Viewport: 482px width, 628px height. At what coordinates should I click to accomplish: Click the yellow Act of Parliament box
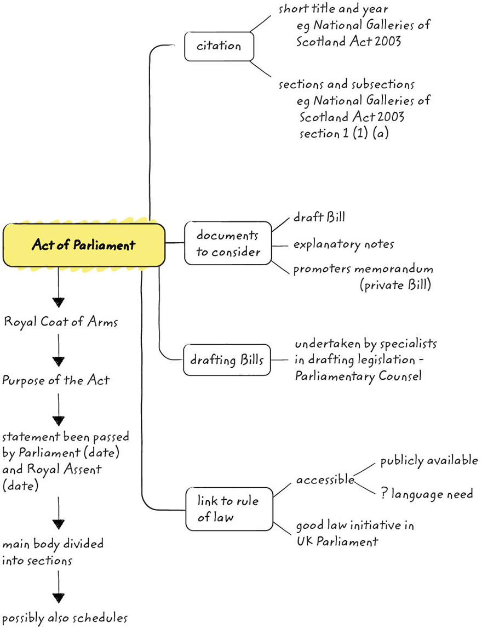[83, 245]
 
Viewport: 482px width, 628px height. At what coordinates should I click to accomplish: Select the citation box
[219, 46]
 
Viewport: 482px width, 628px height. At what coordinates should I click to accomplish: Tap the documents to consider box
[227, 243]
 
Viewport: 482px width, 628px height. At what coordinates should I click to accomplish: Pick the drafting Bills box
[227, 360]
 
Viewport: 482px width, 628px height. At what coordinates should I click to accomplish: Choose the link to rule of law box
[228, 509]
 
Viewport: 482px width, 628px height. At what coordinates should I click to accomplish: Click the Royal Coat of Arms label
[60, 322]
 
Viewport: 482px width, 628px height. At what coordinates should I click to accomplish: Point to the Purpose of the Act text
[55, 380]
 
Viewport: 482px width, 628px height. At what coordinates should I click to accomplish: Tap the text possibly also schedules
[65, 618]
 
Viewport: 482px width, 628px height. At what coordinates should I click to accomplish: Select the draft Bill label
[319, 217]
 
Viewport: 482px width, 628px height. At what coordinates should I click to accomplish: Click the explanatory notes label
[343, 243]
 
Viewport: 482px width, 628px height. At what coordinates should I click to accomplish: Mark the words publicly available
[429, 460]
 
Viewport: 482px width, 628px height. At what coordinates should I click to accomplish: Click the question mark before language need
[385, 494]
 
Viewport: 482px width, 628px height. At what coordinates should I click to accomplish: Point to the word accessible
[325, 479]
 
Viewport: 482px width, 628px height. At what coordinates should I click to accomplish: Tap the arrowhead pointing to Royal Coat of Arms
[58, 302]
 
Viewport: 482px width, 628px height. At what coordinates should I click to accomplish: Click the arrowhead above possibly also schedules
[58, 597]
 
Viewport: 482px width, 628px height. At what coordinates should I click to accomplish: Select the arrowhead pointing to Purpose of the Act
[58, 361]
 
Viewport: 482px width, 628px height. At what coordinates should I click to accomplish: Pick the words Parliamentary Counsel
[358, 377]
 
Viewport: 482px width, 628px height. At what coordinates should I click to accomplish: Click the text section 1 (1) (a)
[344, 133]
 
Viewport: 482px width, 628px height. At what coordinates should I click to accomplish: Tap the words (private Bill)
[395, 286]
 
